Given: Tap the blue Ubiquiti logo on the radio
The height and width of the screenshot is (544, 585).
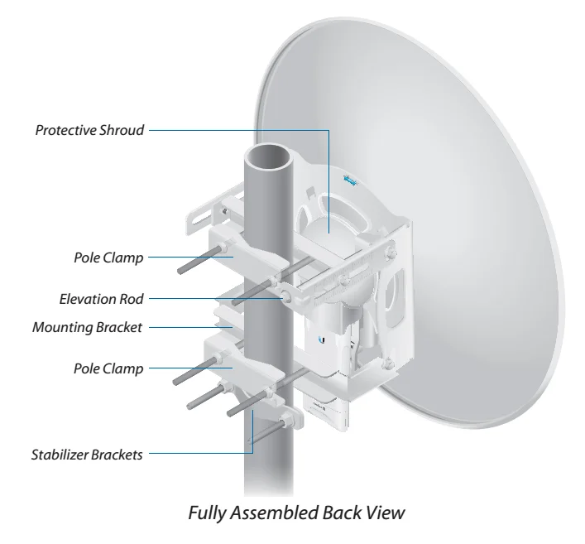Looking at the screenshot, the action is point(321,339).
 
